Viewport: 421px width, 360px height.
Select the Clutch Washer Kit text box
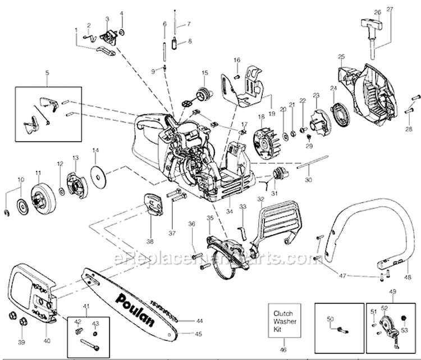click(x=283, y=317)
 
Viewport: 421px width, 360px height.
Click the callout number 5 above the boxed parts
click(x=47, y=74)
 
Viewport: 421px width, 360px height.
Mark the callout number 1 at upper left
click(x=76, y=37)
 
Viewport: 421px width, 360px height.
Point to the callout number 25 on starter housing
click(x=341, y=56)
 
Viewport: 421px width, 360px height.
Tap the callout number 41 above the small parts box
click(x=86, y=306)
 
